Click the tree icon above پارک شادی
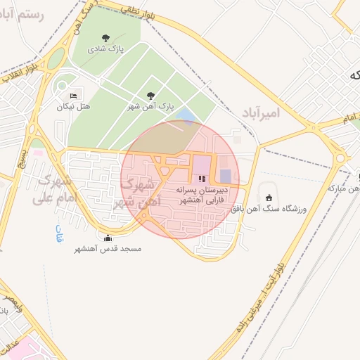(x=106, y=38)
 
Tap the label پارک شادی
(x=106, y=50)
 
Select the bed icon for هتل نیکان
(x=74, y=95)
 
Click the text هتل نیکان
(x=74, y=107)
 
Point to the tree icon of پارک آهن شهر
(x=150, y=95)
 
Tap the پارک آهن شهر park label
(x=150, y=106)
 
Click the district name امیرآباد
(x=261, y=112)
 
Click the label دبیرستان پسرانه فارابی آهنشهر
(x=198, y=195)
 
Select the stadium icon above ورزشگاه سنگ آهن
(x=269, y=196)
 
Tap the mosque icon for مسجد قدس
(x=107, y=237)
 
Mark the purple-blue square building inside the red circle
(x=225, y=176)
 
